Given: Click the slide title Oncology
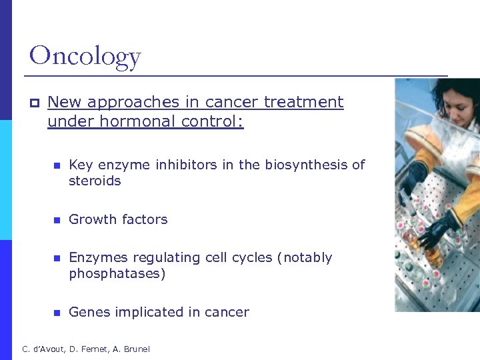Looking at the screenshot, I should click(85, 55).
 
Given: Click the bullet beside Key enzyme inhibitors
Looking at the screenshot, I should click(57, 165).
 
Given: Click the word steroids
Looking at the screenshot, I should click(95, 181).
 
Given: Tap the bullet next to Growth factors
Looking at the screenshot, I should click(57, 220).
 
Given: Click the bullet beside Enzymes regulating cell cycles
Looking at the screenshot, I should click(57, 258).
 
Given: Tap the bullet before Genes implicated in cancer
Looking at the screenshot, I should click(57, 313).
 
